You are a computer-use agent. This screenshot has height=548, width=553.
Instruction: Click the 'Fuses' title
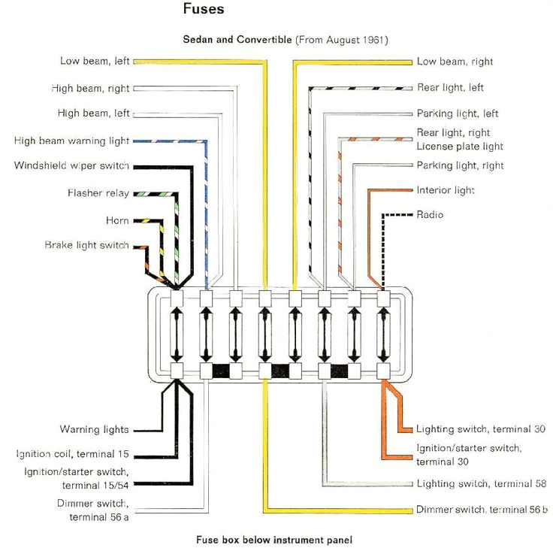(204, 10)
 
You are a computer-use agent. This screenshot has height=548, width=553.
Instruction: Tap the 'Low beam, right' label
(455, 62)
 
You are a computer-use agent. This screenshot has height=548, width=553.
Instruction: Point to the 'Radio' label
(430, 215)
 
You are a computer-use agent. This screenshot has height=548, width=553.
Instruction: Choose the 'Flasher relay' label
(98, 193)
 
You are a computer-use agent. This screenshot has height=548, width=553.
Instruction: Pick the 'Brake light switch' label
(86, 246)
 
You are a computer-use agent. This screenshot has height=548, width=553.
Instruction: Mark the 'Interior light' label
(446, 191)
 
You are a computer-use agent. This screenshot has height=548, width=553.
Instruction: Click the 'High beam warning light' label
(71, 141)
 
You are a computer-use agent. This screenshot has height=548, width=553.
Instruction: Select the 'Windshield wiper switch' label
(71, 166)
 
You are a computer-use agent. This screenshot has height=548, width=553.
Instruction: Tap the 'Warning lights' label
(94, 430)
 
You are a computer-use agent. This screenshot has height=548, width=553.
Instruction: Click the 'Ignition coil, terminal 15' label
(72, 455)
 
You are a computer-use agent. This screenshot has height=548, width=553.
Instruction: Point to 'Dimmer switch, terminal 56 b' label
(482, 510)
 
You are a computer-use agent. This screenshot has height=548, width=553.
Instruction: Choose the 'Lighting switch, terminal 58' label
(481, 484)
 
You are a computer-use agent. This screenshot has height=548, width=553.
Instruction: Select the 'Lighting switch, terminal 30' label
(481, 429)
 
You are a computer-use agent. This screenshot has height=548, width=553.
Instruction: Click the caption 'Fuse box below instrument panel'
(273, 540)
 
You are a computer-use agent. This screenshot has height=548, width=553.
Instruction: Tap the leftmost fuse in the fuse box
(177, 333)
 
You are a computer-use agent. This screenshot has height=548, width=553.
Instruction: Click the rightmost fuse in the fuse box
(384, 333)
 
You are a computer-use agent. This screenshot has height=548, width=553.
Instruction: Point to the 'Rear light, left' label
(450, 88)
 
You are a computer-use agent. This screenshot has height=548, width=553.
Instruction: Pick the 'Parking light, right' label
(460, 165)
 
